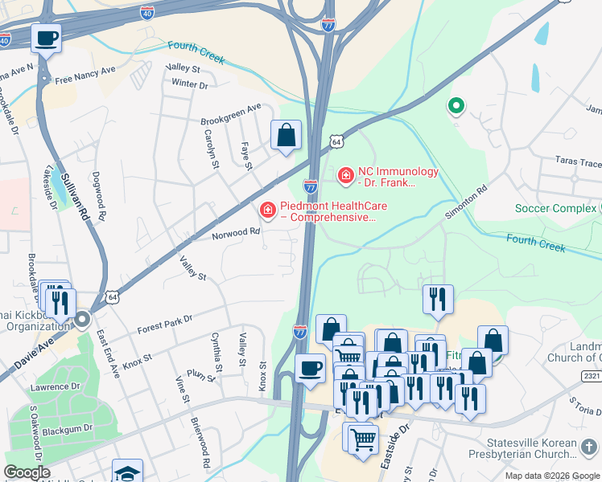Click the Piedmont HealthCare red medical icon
(x=267, y=210)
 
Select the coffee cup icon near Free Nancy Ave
(x=47, y=37)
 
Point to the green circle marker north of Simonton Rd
(x=456, y=106)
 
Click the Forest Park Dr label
(x=165, y=324)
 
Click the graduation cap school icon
(x=127, y=471)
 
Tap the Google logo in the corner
(x=27, y=473)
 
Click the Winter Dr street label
(x=189, y=84)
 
